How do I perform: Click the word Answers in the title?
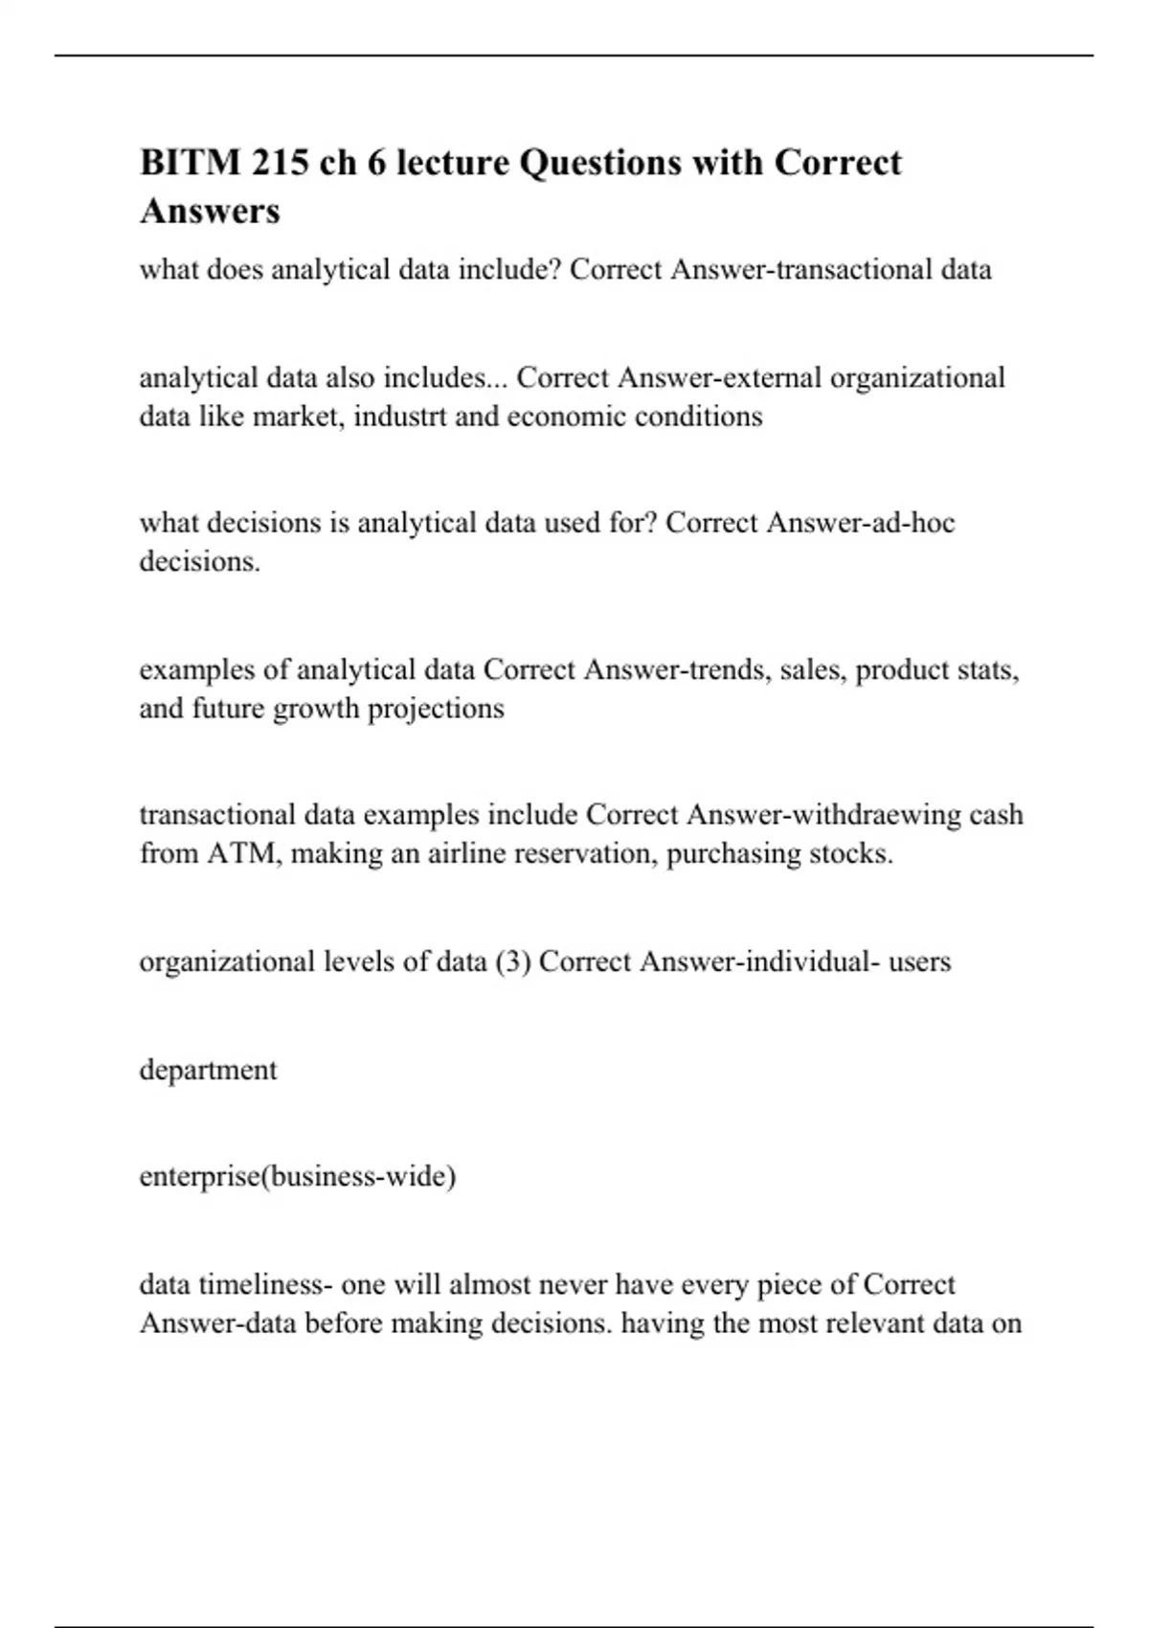pyautogui.click(x=210, y=211)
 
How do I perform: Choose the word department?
pyautogui.click(x=208, y=1070)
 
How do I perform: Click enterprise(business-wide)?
pyautogui.click(x=297, y=1176)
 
